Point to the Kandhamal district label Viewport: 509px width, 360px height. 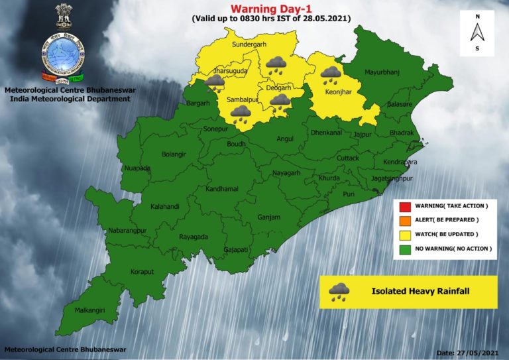click(x=222, y=189)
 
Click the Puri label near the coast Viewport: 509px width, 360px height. click(x=349, y=194)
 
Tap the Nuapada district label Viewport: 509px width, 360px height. click(x=137, y=168)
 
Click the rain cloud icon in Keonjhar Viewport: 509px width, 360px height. click(x=331, y=75)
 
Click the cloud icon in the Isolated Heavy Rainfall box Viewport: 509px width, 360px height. click(x=340, y=291)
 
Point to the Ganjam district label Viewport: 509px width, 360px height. click(x=268, y=217)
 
